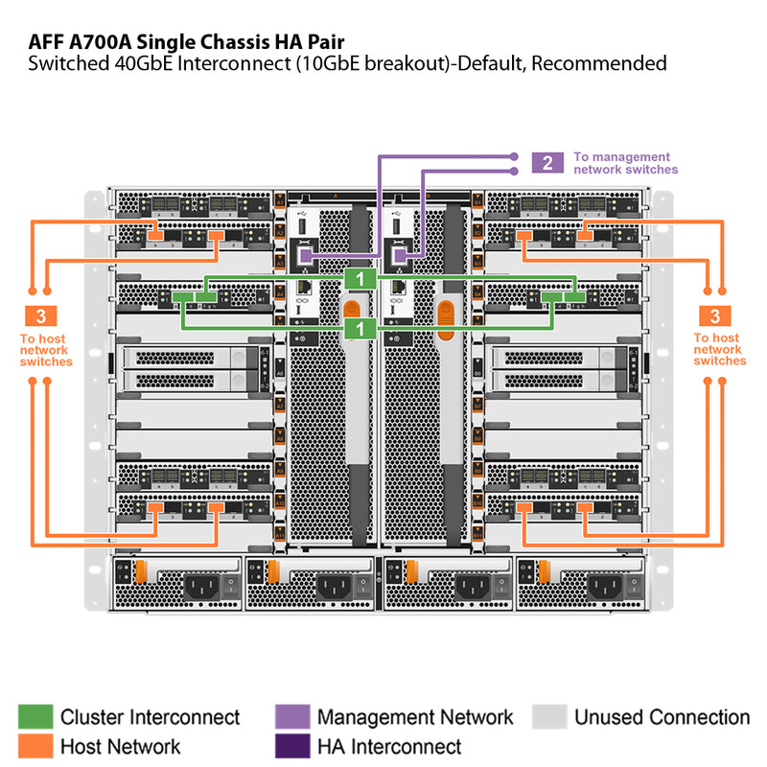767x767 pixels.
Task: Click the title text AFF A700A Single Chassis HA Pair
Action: click(181, 41)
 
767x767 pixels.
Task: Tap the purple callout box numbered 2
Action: click(546, 162)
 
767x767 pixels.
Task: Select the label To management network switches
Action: click(624, 163)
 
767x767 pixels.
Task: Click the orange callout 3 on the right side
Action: click(714, 315)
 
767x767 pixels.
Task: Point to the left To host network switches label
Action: click(46, 349)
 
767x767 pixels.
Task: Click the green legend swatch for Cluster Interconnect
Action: click(35, 717)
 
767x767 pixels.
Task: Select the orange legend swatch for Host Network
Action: click(35, 745)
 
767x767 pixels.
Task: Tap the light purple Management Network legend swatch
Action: click(291, 717)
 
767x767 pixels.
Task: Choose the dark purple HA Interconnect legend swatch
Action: click(291, 745)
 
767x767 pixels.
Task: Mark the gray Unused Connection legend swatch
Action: click(549, 717)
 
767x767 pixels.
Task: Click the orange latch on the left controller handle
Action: click(353, 311)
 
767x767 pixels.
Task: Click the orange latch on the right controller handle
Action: click(444, 311)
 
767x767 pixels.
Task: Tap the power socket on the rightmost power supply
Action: click(608, 585)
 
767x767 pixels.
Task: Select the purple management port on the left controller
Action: click(304, 255)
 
